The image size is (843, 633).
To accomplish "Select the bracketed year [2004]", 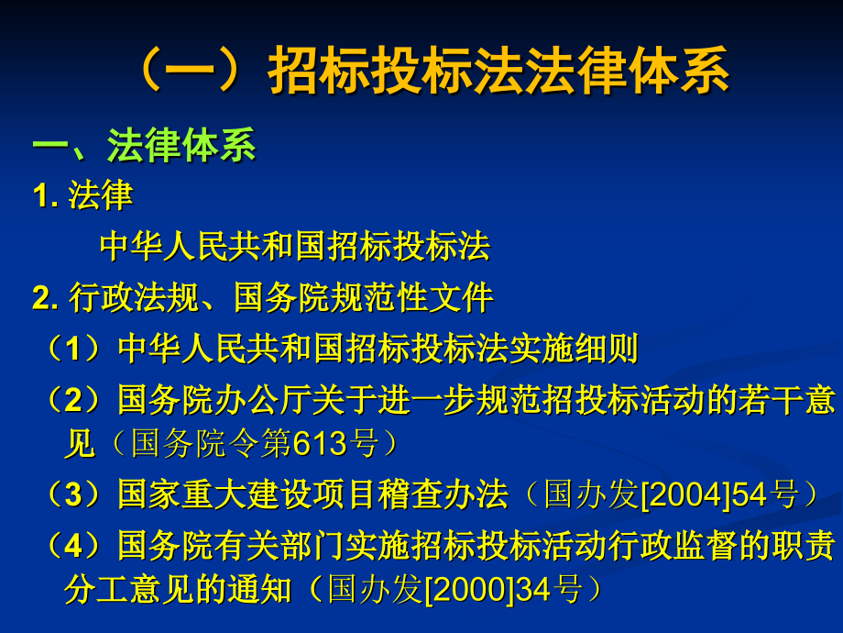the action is pos(685,494).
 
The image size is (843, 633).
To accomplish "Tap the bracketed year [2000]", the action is pos(469,590).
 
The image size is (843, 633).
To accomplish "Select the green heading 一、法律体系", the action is pos(144,145).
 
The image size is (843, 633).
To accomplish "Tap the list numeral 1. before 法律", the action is pos(45,194).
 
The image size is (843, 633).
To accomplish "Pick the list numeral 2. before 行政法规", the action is pos(45,297).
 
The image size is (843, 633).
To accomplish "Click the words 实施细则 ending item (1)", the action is pos(573,349).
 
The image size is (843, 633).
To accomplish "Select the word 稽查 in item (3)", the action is pos(410,494).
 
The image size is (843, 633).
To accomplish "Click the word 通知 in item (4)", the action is pos(259,590).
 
